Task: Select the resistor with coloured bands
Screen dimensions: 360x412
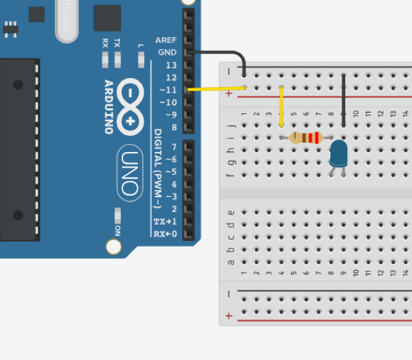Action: (x=305, y=137)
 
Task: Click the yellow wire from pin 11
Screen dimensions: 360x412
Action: (x=216, y=89)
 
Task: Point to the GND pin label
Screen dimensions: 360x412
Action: (x=167, y=52)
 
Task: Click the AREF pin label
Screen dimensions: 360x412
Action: (x=165, y=40)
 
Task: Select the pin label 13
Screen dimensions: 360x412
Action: (x=171, y=65)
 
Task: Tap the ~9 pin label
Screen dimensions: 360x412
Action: (x=170, y=115)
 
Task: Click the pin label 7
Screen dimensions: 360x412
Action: (x=174, y=147)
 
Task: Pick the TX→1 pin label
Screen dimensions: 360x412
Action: (x=165, y=221)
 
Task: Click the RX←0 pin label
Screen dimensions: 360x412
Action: (x=165, y=233)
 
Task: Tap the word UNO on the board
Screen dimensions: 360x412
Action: (x=129, y=173)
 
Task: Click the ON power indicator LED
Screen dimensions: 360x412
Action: (x=117, y=214)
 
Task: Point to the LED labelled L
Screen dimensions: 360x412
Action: (x=141, y=61)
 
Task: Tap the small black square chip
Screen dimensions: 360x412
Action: (x=107, y=18)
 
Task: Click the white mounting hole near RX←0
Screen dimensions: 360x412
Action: (x=114, y=246)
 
